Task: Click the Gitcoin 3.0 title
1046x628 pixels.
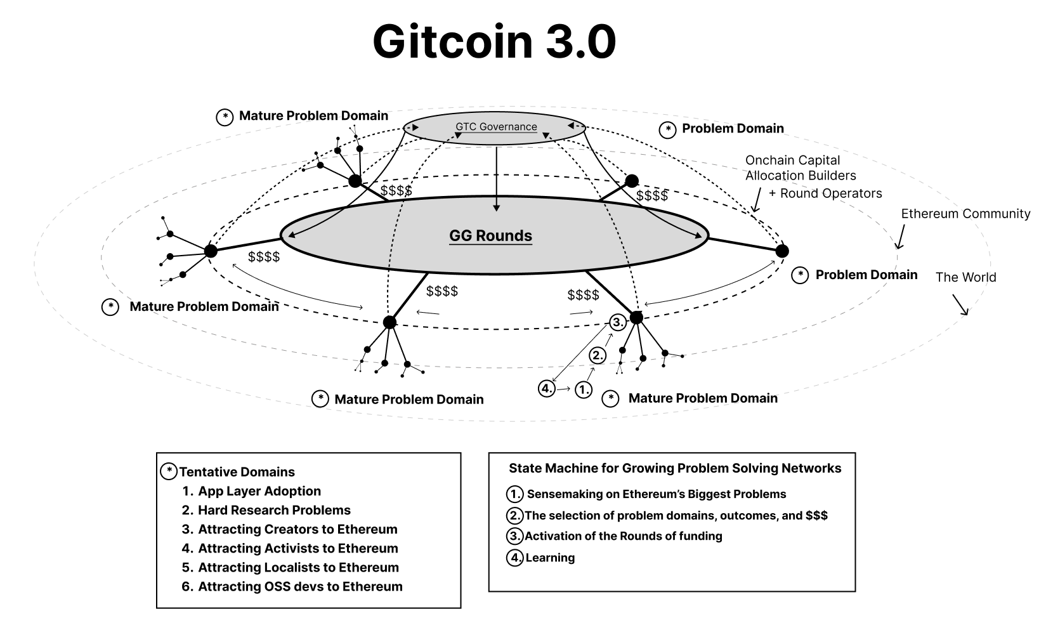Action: pyautogui.click(x=495, y=42)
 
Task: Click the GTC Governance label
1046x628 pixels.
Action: pyautogui.click(x=496, y=126)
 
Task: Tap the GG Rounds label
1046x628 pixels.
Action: pyautogui.click(x=490, y=236)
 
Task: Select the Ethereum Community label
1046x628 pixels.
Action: pyautogui.click(x=965, y=213)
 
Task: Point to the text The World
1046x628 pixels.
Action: pyautogui.click(x=965, y=277)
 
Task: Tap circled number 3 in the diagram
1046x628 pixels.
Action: pyautogui.click(x=618, y=322)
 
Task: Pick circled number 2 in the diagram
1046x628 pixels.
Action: pyautogui.click(x=598, y=355)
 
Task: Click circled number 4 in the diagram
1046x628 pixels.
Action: pyautogui.click(x=546, y=388)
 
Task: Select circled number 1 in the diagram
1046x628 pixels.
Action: pyautogui.click(x=583, y=389)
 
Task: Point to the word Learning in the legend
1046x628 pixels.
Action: pyautogui.click(x=550, y=558)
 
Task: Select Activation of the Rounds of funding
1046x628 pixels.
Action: pyautogui.click(x=623, y=535)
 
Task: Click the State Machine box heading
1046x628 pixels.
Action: pyautogui.click(x=675, y=468)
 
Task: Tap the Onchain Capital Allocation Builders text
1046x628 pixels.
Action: pyautogui.click(x=801, y=167)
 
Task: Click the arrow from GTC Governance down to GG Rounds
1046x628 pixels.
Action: pyautogui.click(x=497, y=179)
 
